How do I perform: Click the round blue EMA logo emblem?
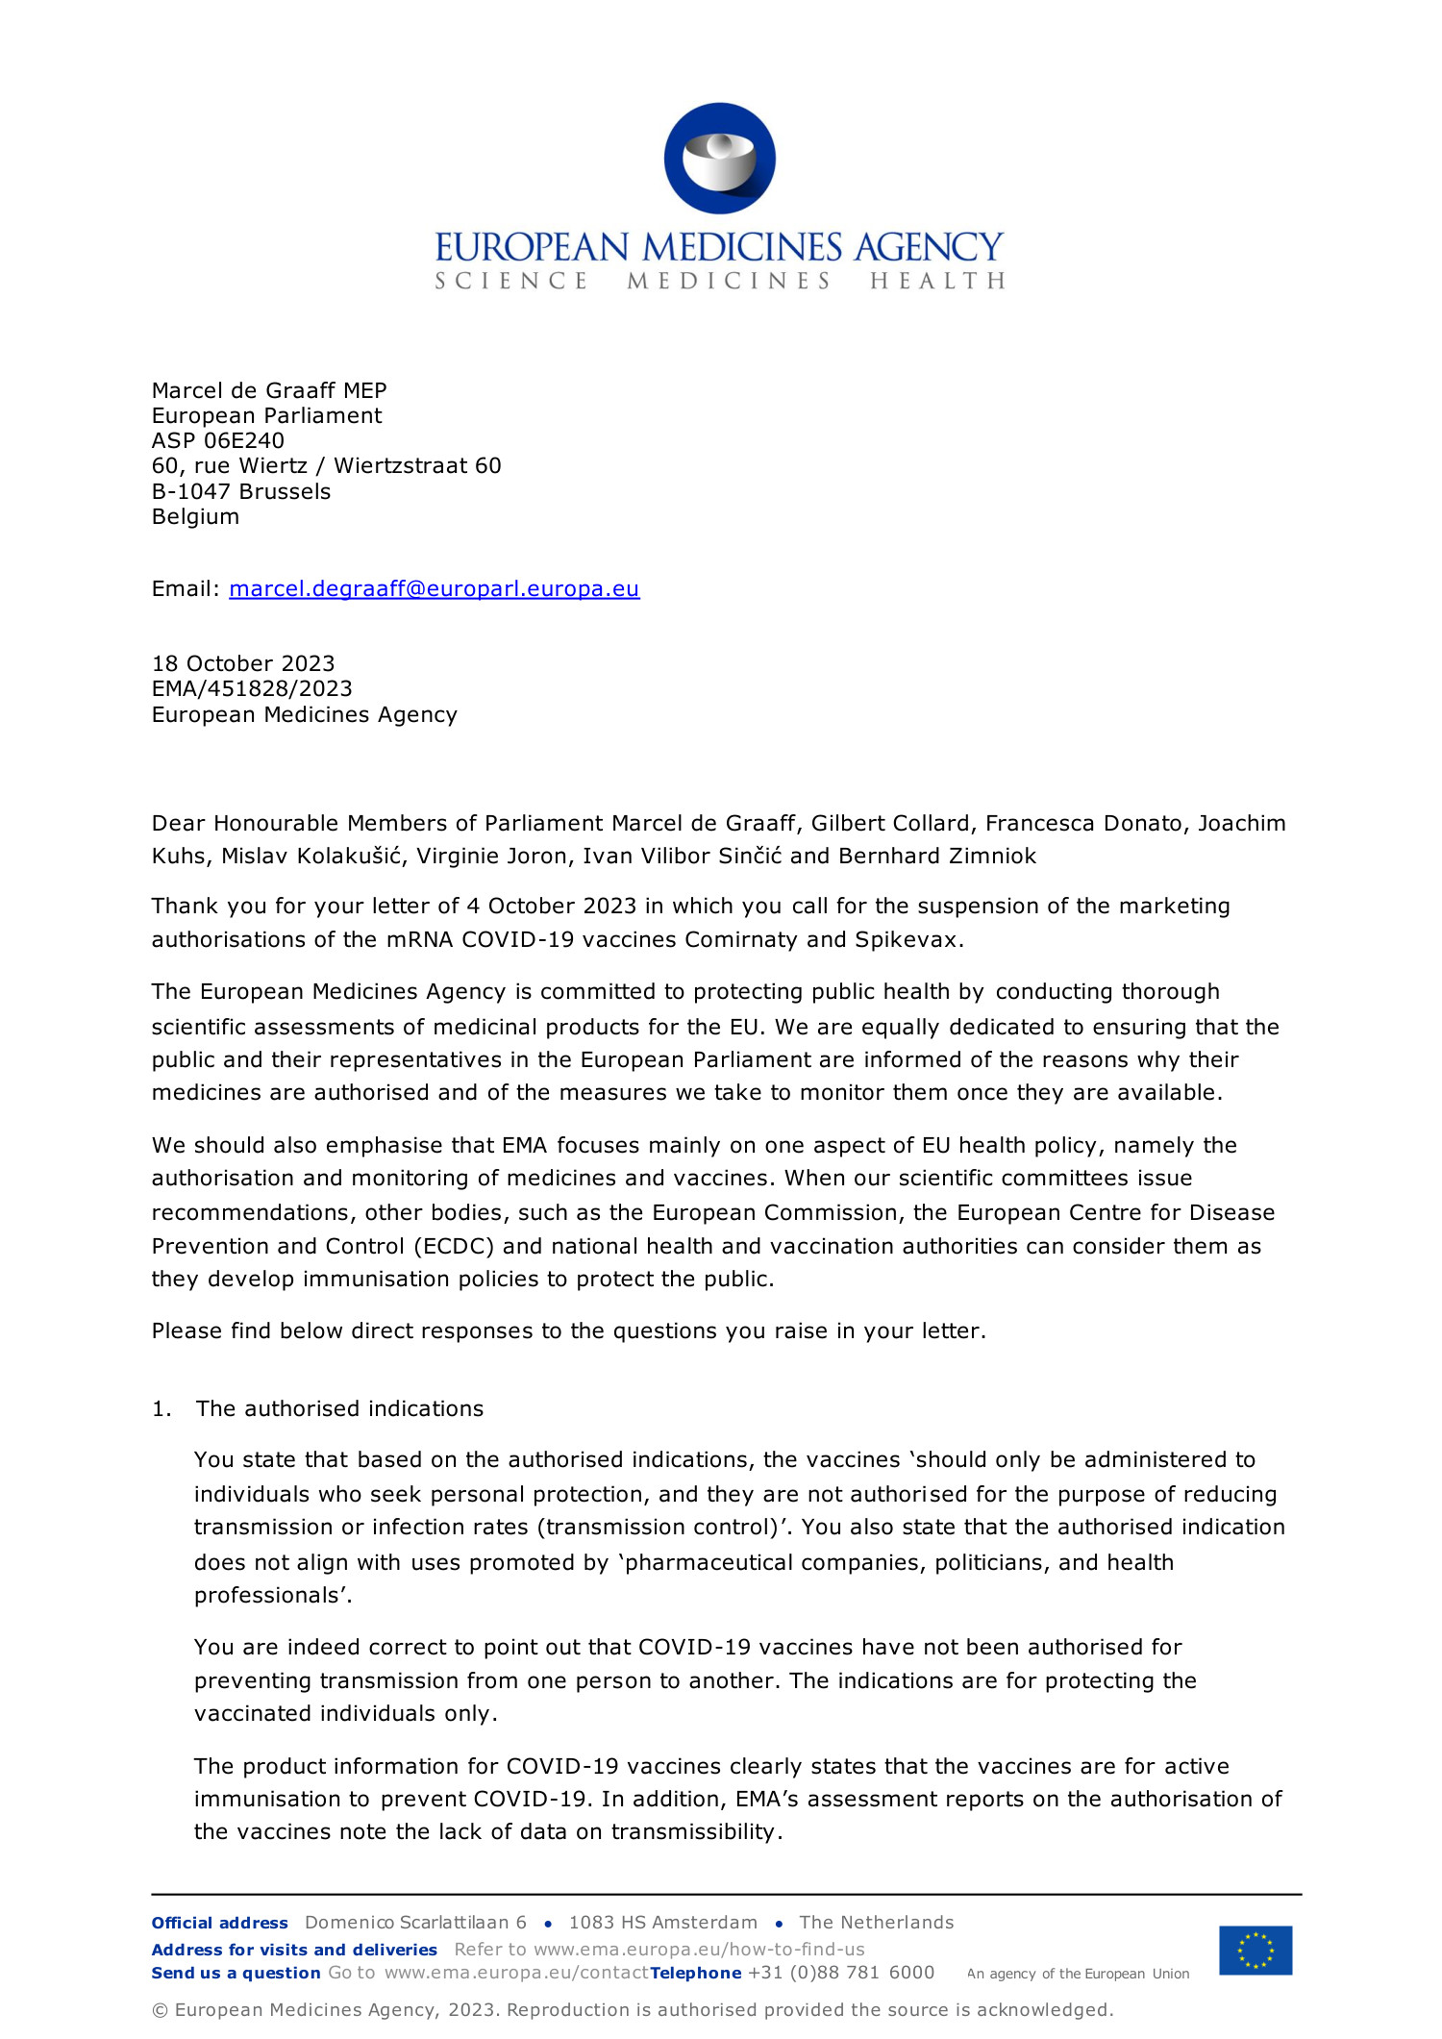[719, 159]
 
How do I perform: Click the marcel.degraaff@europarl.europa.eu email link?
[434, 588]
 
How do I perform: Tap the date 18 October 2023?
[243, 663]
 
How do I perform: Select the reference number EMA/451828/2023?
[252, 688]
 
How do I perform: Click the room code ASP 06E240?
[218, 440]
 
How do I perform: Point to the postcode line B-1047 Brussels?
[241, 491]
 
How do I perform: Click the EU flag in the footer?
[1256, 1950]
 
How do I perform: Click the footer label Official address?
[219, 1923]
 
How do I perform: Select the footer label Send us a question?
[236, 1973]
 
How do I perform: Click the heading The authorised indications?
[339, 1408]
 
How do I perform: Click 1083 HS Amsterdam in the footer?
[662, 1923]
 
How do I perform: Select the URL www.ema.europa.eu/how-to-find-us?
[699, 1950]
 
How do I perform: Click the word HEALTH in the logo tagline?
[937, 281]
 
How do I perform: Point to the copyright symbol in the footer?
[160, 2010]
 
